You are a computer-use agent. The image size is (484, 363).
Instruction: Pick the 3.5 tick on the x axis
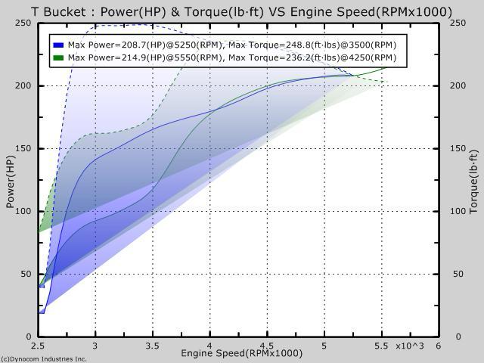pos(152,346)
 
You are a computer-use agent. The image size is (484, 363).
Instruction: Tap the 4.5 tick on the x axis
pos(267,346)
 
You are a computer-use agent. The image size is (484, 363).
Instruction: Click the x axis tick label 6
pos(439,346)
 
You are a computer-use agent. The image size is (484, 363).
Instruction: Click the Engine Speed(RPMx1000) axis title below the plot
pos(242,353)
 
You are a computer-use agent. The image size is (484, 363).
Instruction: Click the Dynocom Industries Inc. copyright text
pos(44,358)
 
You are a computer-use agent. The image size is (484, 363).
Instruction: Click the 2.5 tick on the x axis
pos(38,346)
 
